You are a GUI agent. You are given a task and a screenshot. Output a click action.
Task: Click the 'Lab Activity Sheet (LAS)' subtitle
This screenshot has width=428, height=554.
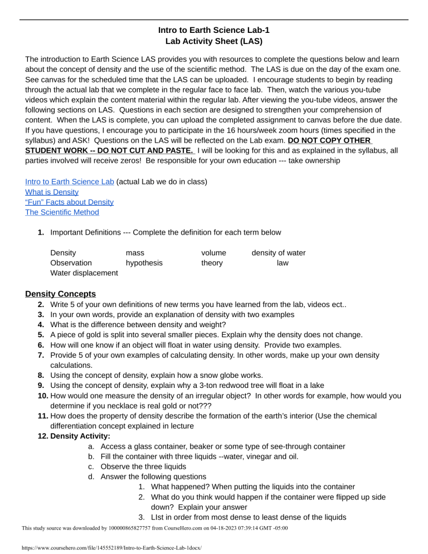point(214,41)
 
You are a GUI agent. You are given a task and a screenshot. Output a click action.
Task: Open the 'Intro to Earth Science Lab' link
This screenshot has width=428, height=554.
point(70,181)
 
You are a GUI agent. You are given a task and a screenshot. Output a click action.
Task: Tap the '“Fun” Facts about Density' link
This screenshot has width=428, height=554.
point(69,202)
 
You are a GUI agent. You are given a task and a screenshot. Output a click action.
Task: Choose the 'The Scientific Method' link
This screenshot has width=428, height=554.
point(62,212)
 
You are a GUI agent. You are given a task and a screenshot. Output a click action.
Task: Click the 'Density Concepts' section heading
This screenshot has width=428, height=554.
point(61,294)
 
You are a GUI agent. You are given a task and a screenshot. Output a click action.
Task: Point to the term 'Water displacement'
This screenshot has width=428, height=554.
point(84,273)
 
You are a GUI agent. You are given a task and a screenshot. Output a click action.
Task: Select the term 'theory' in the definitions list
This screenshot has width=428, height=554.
point(212,263)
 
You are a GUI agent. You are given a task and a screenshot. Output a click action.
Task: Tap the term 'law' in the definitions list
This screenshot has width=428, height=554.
point(283,263)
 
